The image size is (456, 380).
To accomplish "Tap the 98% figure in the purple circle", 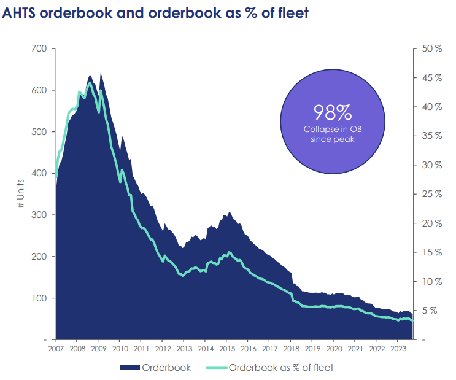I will click(332, 112).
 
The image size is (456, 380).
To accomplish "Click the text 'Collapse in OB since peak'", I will click(332, 134).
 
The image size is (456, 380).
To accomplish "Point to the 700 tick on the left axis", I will click(39, 48).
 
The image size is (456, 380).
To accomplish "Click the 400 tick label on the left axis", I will click(39, 173).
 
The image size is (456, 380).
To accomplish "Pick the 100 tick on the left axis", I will click(39, 298).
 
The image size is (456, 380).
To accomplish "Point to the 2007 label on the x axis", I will click(55, 349).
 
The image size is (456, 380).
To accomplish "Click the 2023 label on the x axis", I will click(397, 349).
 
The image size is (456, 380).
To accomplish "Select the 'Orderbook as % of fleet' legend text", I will click(281, 368).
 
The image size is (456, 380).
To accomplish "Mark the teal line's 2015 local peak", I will click(230, 252).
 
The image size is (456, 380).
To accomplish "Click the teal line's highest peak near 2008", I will click(90, 83).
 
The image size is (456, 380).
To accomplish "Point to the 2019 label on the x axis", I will click(312, 349).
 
